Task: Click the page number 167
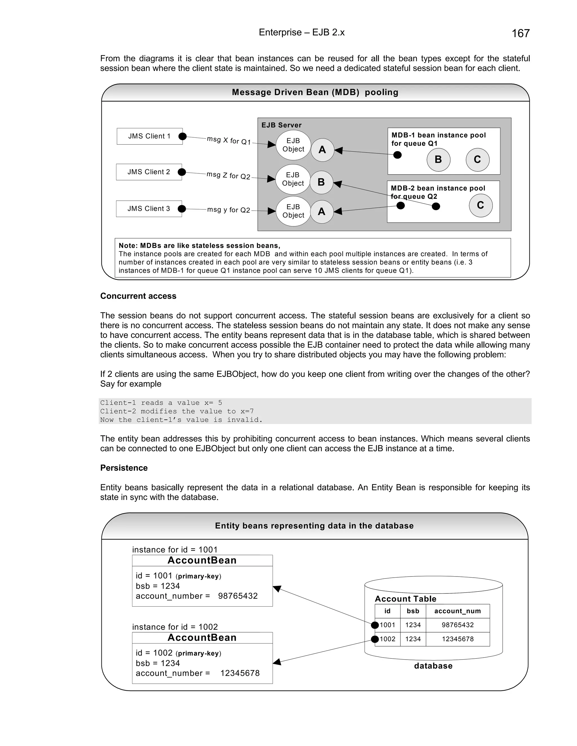click(x=520, y=33)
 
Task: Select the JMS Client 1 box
click(x=149, y=136)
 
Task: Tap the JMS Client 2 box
click(x=149, y=172)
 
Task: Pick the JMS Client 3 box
click(x=149, y=209)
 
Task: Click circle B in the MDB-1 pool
click(x=438, y=160)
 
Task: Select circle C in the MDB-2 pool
click(x=480, y=205)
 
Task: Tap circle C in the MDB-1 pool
click(x=477, y=160)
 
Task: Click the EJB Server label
click(x=281, y=125)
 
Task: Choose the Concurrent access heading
click(x=138, y=296)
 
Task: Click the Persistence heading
click(x=124, y=468)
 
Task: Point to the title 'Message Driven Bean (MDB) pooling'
click(x=315, y=92)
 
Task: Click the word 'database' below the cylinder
click(x=433, y=666)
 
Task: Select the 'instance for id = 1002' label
click(x=175, y=627)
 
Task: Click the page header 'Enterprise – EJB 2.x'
click(x=301, y=32)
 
